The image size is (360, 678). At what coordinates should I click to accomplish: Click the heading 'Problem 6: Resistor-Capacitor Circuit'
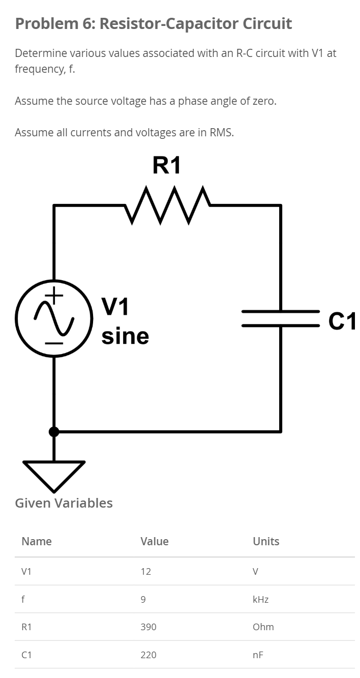[x=153, y=23]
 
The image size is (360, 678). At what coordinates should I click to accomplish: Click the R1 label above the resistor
[x=166, y=166]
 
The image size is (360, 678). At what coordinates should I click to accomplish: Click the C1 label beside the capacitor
[x=342, y=321]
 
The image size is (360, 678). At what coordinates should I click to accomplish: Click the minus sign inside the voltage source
[x=54, y=343]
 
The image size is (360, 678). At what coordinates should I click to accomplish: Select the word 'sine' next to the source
[x=125, y=336]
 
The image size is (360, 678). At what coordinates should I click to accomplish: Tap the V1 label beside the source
[x=115, y=306]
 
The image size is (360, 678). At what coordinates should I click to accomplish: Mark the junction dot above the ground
[x=54, y=432]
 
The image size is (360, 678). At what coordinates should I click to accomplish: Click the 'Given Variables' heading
[x=64, y=503]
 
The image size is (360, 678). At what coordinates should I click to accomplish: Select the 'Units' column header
[x=266, y=541]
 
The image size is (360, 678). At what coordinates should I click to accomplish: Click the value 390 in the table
[x=148, y=627]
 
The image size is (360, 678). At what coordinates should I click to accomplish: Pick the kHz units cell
[x=260, y=599]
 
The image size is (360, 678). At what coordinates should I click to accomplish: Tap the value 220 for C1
[x=148, y=655]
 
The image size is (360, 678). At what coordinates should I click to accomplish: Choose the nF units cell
[x=258, y=655]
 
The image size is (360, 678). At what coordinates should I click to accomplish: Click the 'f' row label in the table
[x=23, y=599]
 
